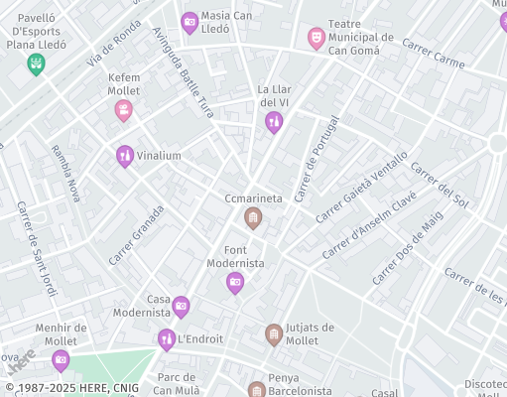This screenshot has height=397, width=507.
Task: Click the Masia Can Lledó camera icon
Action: point(190,22)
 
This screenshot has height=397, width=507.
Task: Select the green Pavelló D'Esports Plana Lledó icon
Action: point(37,65)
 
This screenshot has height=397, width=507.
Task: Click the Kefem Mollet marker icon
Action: point(124,110)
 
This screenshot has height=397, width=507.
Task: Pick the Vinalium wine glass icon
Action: point(124,156)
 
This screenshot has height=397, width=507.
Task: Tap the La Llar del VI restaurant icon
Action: point(274,122)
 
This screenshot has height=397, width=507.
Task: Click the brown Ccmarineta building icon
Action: point(254,218)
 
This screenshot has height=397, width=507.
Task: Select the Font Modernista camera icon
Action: point(235,283)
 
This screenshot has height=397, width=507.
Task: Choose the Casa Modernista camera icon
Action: point(181,307)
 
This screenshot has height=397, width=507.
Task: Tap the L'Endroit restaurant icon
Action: point(167,339)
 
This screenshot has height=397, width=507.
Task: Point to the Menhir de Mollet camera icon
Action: point(62,359)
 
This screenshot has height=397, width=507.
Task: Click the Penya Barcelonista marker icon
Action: point(257,389)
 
